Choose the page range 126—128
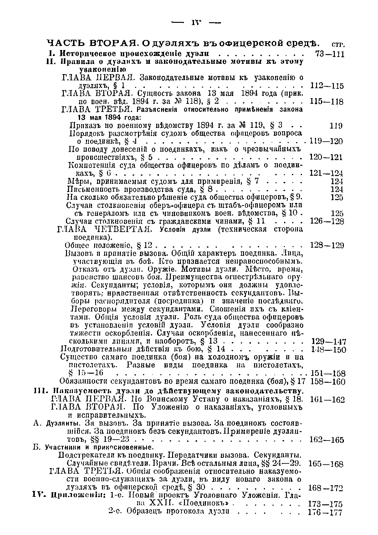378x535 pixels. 326,221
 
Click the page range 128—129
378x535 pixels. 327,245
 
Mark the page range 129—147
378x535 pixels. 328,341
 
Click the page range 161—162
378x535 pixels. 327,400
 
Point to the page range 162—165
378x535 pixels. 326,440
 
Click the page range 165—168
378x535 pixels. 326,464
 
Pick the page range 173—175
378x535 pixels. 325,504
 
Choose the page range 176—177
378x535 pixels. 325,512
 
